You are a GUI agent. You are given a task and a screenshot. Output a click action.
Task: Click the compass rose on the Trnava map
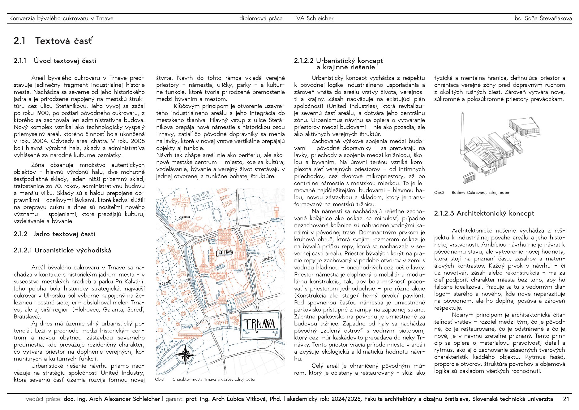[x=185, y=354]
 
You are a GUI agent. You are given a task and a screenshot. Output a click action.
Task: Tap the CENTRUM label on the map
[x=224, y=253]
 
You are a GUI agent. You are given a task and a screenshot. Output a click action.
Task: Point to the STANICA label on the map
[x=188, y=327]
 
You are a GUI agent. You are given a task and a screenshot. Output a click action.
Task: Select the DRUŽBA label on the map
[x=268, y=259]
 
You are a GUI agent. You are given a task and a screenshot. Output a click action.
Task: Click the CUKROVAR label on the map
[x=185, y=217]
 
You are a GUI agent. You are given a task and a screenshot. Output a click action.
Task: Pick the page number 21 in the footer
[x=566, y=399]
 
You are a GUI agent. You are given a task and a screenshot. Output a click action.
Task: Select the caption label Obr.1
[x=160, y=379]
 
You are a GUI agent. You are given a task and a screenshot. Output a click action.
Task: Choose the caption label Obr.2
[x=439, y=193]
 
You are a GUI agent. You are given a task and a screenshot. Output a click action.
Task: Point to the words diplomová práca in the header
[x=261, y=18]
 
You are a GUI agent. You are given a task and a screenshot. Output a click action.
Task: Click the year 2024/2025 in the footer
[x=346, y=399]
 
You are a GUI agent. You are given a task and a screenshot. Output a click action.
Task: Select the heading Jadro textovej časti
[x=64, y=234]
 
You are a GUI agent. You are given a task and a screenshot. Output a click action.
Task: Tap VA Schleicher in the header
[x=315, y=18]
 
